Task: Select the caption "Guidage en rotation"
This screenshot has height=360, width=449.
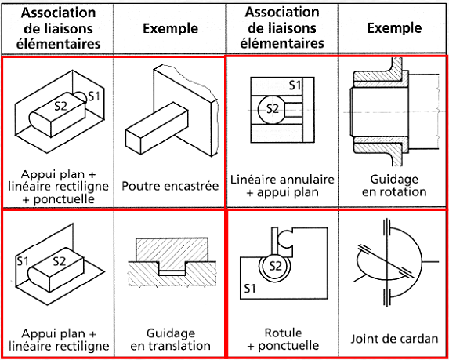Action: point(393,185)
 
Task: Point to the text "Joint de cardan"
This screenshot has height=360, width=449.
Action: point(393,339)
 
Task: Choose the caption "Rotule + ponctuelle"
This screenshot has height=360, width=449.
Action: point(282,338)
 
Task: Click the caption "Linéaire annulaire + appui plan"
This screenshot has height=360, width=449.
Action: point(282,185)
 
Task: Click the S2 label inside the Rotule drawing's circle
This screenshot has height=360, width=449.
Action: point(275,266)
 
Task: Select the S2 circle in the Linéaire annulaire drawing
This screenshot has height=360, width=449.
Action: point(272,109)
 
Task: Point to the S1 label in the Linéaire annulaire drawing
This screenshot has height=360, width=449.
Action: point(295,84)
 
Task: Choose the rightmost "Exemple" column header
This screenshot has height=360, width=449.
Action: point(393,28)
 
